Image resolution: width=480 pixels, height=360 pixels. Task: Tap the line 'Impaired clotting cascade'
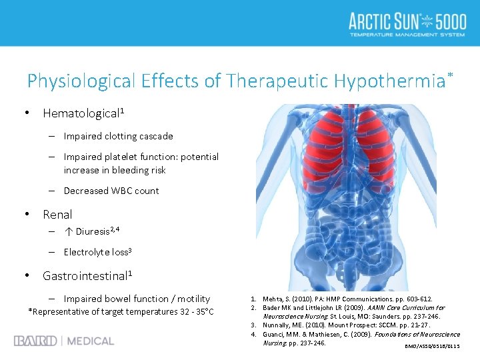[118, 136]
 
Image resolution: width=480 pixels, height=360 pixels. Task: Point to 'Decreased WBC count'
[111, 191]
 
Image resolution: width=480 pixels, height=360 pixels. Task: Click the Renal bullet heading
[57, 215]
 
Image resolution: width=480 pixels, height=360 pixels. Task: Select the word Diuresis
[92, 232]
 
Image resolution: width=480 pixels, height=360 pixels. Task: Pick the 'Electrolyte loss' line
[97, 252]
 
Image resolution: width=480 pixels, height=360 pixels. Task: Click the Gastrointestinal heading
[87, 275]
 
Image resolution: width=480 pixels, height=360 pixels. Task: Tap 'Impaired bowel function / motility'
[137, 299]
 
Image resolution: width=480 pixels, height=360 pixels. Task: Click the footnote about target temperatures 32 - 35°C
[121, 312]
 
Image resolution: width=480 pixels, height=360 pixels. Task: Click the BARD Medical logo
[64, 341]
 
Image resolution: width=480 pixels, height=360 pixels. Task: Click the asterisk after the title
[450, 71]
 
